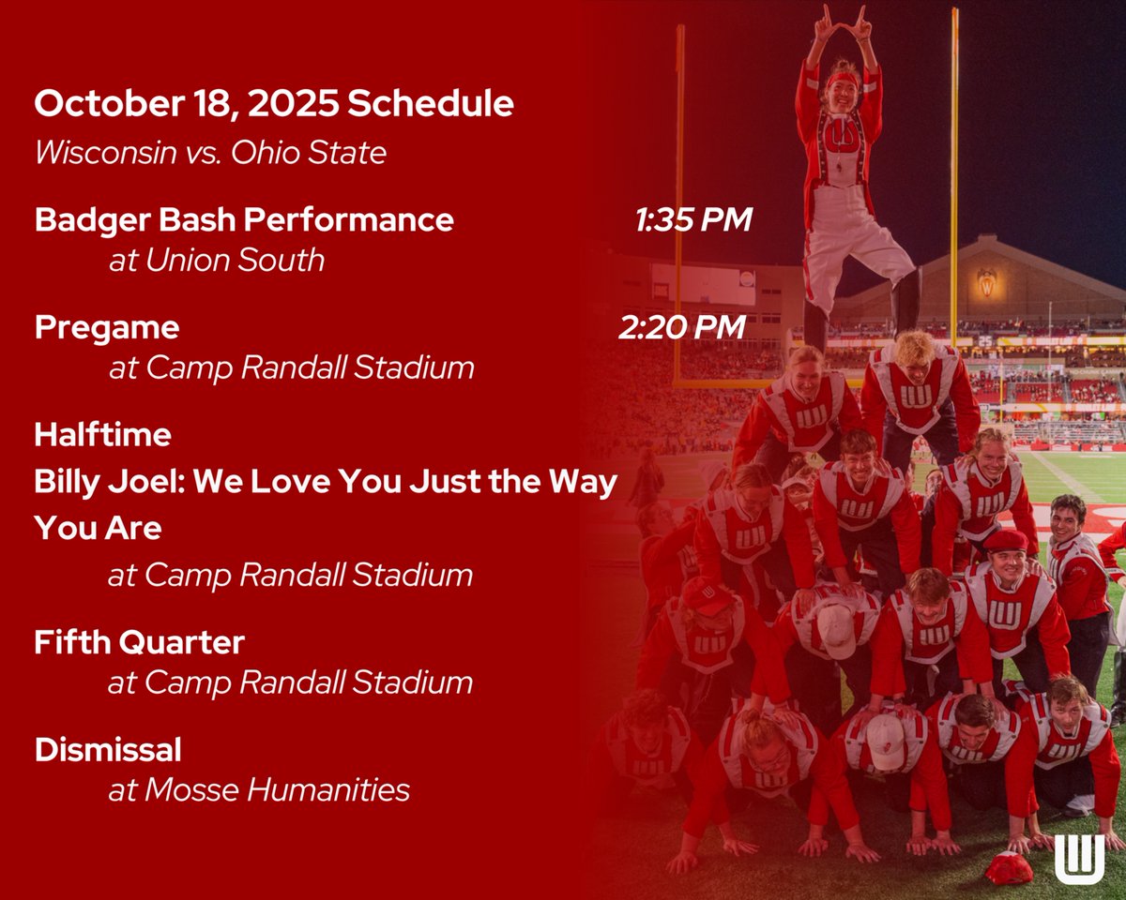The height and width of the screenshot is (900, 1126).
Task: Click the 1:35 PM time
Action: [692, 220]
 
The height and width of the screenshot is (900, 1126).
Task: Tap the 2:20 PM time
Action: [682, 327]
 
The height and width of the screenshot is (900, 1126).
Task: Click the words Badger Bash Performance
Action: [244, 220]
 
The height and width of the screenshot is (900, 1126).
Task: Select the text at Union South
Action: [217, 260]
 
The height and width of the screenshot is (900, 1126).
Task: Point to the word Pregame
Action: [107, 327]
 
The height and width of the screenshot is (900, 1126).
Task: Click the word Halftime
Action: [103, 435]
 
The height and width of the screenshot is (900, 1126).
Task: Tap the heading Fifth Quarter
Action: [140, 643]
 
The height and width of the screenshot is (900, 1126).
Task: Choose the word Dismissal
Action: [108, 750]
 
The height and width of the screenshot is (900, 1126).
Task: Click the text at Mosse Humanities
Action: [259, 789]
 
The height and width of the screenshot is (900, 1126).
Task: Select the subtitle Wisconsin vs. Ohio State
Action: [210, 152]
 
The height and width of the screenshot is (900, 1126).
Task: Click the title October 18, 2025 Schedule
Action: [274, 104]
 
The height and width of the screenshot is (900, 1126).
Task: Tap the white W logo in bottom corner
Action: [1079, 858]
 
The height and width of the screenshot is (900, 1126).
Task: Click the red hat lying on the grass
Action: [1009, 868]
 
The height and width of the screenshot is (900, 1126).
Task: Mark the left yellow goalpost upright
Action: [679, 187]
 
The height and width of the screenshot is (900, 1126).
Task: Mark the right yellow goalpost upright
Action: [954, 169]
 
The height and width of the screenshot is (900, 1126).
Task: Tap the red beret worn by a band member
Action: [1005, 540]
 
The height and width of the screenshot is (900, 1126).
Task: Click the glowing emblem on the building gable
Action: [986, 280]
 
